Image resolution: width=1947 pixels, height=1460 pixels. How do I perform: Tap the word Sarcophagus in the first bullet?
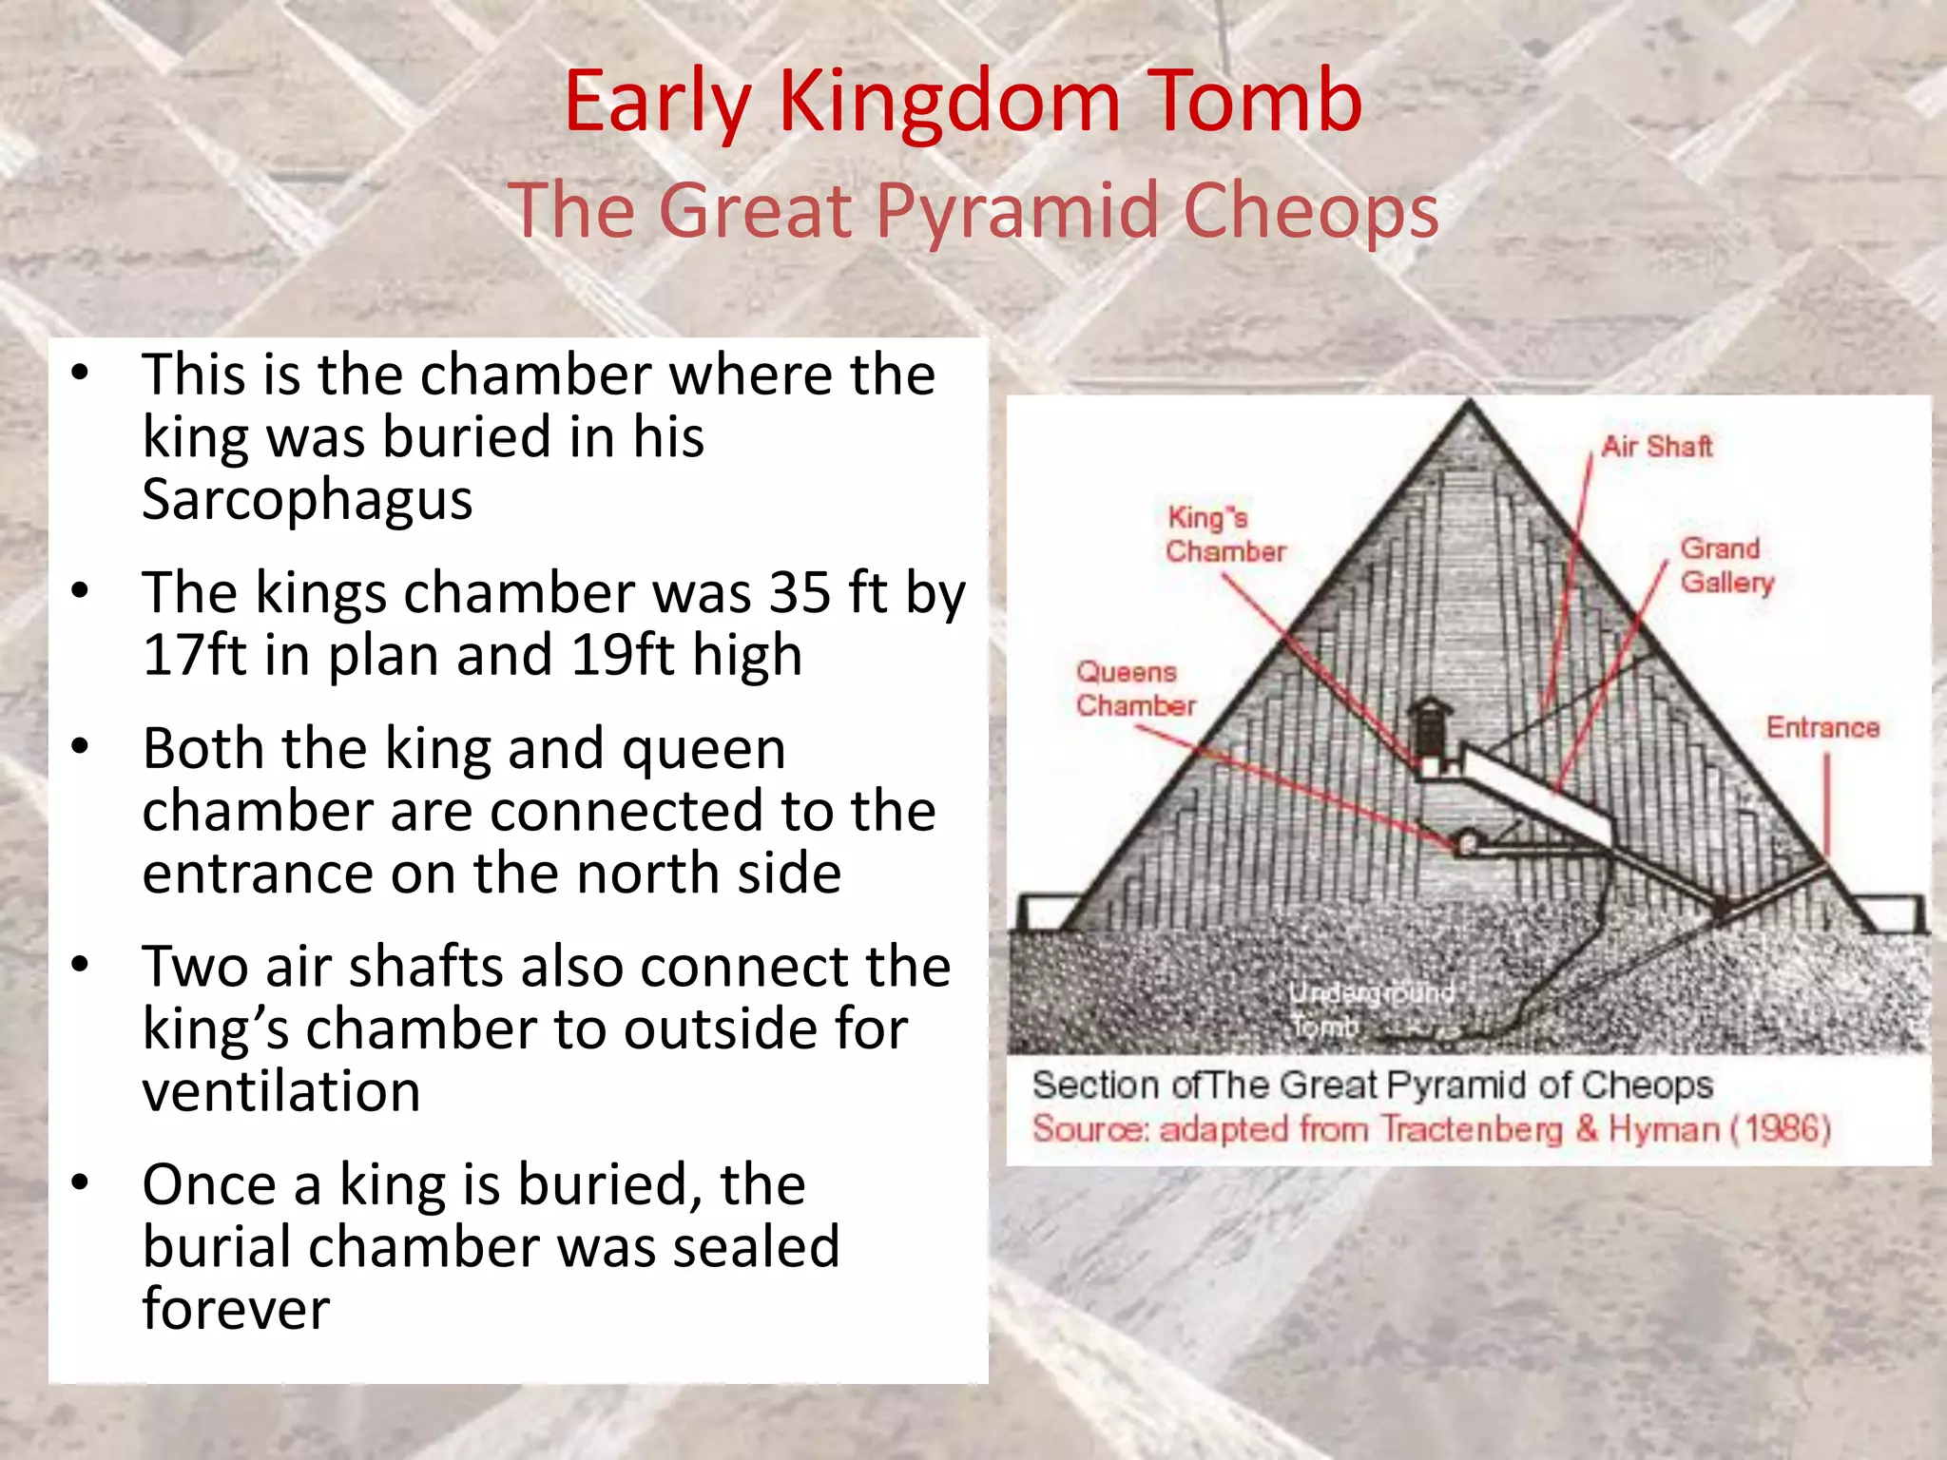[x=307, y=500]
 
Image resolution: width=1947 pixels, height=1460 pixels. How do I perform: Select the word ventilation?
[x=281, y=1091]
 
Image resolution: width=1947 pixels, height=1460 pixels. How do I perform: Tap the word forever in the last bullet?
[x=236, y=1309]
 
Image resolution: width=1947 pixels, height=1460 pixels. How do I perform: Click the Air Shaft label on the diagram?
[x=1656, y=446]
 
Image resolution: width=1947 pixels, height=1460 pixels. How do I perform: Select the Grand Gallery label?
[x=1725, y=565]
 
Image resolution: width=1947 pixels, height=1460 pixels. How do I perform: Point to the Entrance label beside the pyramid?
[x=1822, y=727]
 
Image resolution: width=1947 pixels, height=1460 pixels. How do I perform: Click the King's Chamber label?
[x=1224, y=534]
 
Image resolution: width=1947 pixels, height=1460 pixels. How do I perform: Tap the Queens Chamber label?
[x=1135, y=688]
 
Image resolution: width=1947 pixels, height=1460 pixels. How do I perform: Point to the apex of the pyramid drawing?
[x=1470, y=404]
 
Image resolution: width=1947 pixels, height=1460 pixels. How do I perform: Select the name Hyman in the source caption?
[x=1664, y=1129]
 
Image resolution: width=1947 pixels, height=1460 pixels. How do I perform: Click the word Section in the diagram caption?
[x=1096, y=1085]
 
